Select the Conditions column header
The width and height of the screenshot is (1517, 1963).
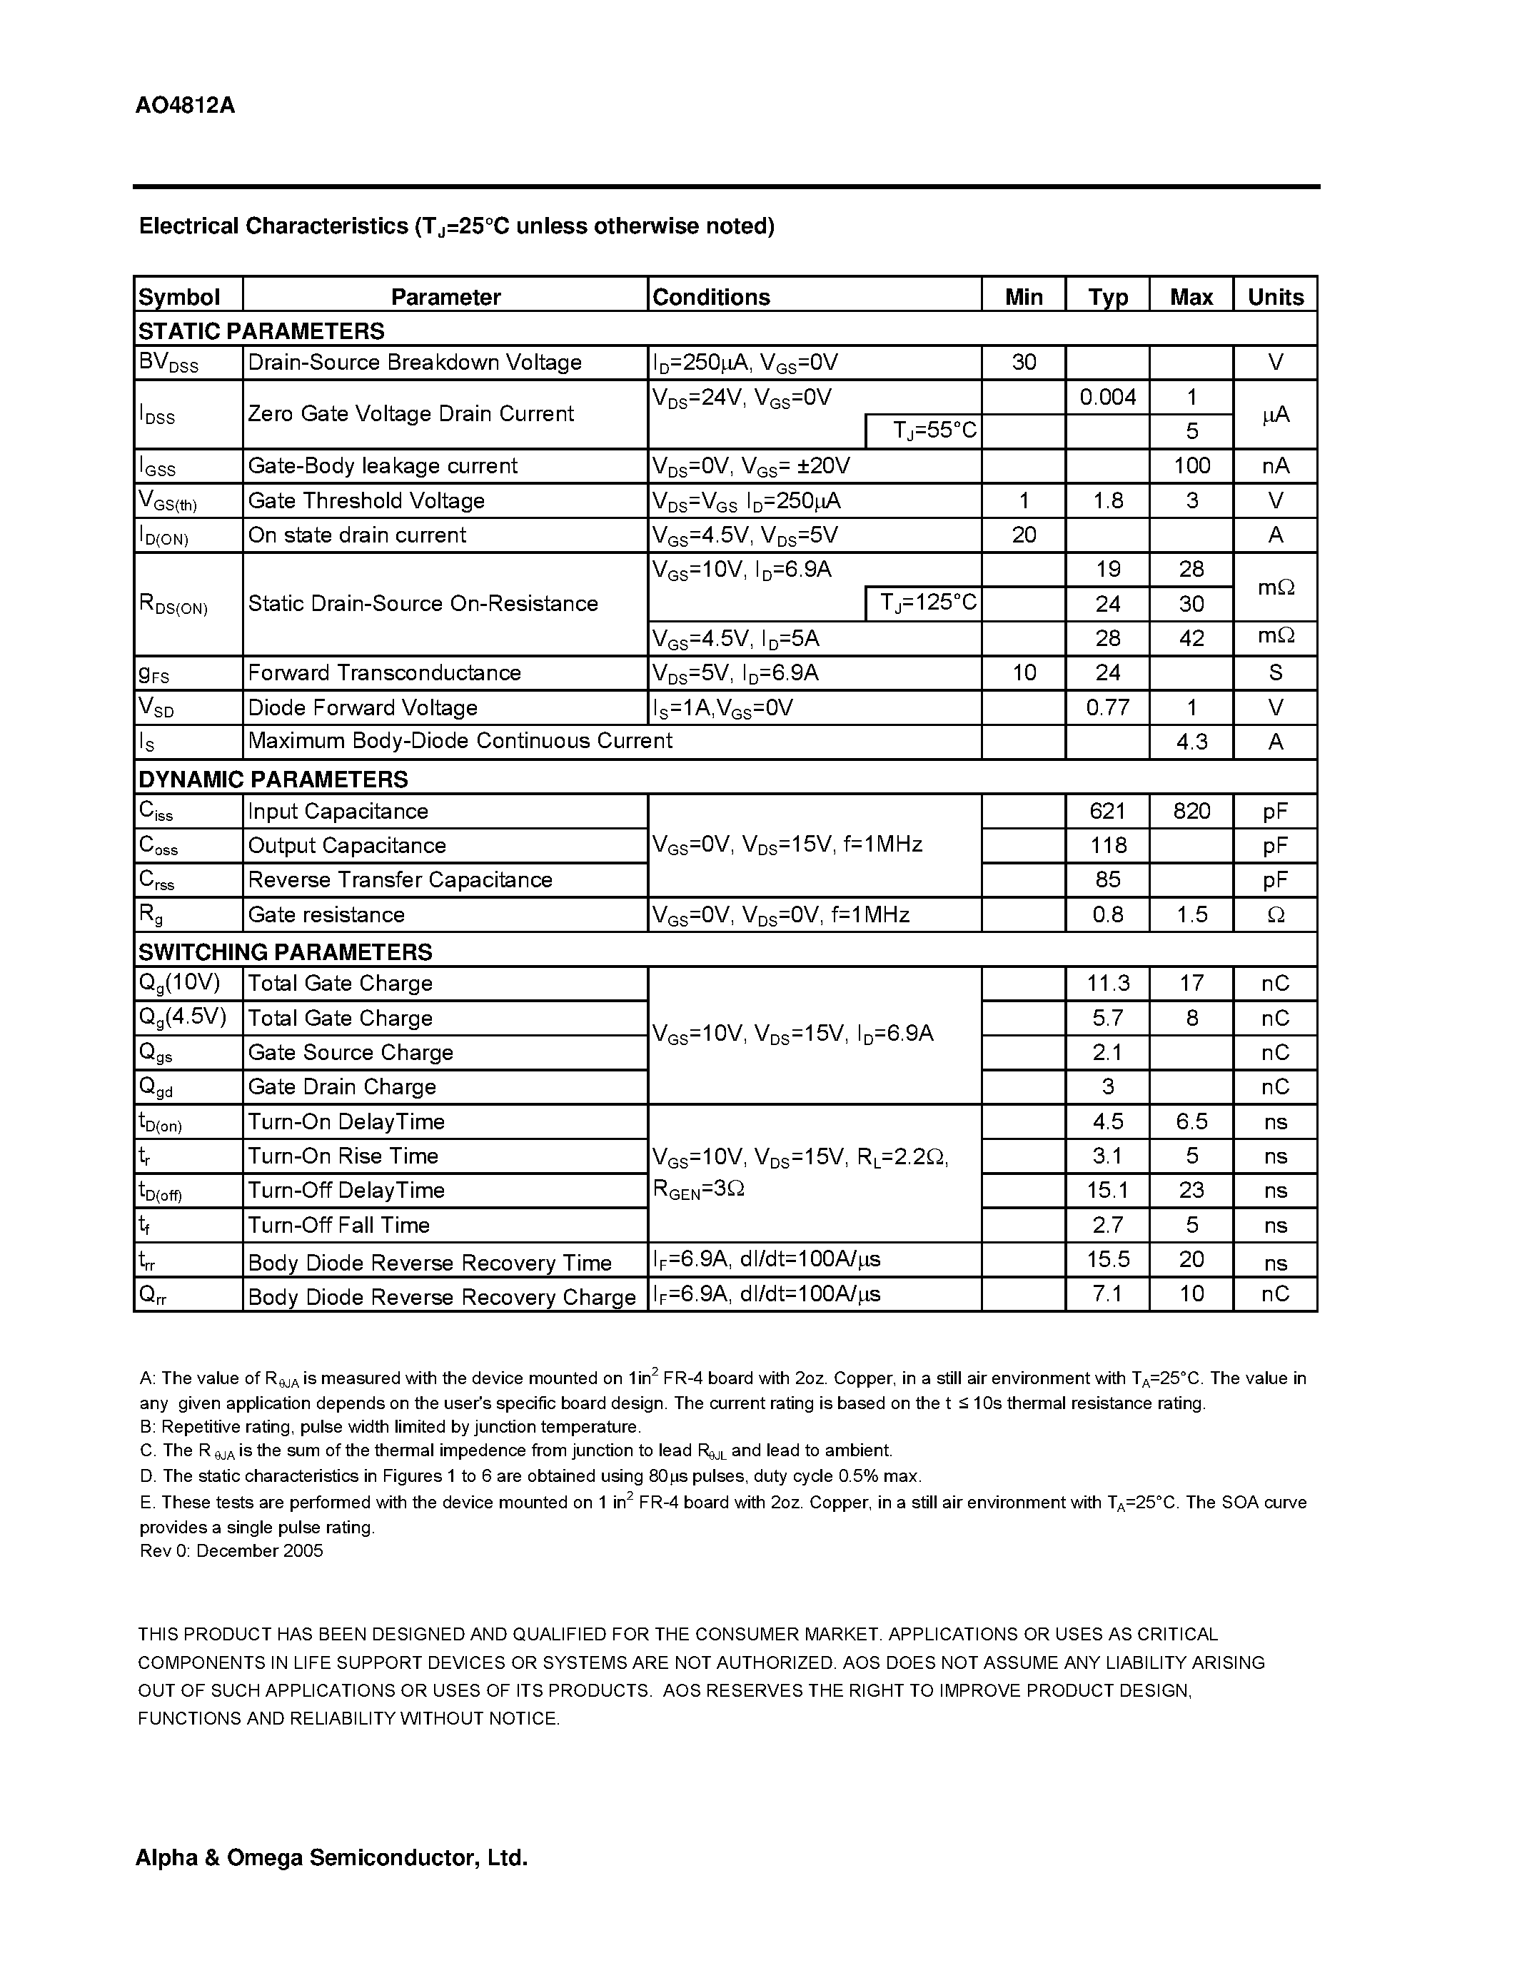point(711,297)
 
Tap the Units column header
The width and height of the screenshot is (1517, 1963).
point(1274,297)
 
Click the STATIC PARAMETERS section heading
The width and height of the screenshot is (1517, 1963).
point(261,330)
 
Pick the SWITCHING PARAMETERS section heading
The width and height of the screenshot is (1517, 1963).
point(285,951)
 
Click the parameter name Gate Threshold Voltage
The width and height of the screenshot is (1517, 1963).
point(366,500)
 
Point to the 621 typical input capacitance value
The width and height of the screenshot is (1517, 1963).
point(1107,811)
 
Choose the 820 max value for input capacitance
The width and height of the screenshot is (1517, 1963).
point(1191,811)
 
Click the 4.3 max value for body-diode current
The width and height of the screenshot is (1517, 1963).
point(1191,742)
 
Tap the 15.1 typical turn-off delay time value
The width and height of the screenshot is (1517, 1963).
point(1107,1190)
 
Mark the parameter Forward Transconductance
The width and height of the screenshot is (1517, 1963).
point(384,673)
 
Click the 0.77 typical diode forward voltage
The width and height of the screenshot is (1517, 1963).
point(1107,707)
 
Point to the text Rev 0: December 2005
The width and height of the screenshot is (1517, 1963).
point(231,1550)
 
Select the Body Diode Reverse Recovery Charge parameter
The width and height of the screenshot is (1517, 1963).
point(441,1297)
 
